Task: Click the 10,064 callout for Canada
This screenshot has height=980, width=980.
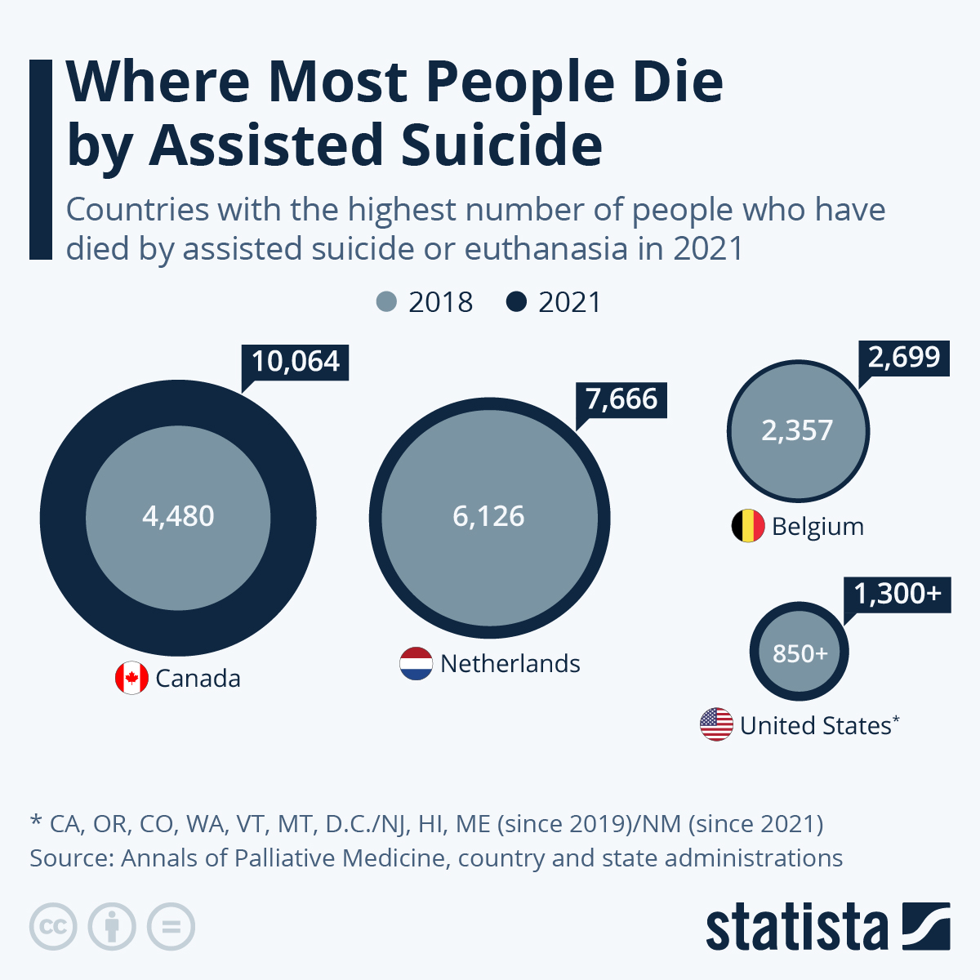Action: (296, 362)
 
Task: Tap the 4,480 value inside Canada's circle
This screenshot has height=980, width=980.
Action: (178, 516)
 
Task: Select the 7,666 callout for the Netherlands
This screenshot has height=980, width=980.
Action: (621, 399)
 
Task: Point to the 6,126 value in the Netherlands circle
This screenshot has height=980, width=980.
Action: (488, 516)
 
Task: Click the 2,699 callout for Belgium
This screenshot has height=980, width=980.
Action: (904, 358)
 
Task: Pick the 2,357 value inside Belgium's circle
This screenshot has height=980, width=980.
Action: (797, 430)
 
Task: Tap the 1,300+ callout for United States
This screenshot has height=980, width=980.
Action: (898, 594)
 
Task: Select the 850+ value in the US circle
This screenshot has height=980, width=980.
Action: (800, 653)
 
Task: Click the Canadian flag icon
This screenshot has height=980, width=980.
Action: (131, 678)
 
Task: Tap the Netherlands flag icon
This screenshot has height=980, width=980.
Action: (416, 664)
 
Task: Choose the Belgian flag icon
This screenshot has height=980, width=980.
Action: (747, 526)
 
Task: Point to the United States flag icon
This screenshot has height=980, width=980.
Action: (716, 724)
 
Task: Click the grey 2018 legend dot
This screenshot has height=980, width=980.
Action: (386, 301)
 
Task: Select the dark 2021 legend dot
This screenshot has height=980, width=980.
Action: (516, 301)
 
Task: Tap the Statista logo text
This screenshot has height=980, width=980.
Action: (796, 928)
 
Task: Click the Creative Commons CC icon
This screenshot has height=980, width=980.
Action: (53, 927)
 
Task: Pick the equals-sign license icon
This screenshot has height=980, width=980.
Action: (171, 927)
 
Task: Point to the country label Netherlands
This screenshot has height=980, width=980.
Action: (510, 664)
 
